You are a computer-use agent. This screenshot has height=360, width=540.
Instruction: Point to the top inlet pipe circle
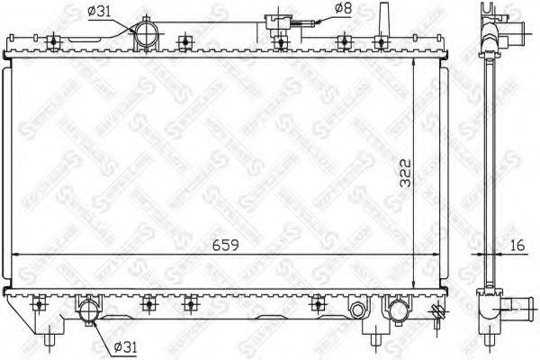pos(147,38)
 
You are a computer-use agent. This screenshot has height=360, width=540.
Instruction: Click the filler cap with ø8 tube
pos(277,26)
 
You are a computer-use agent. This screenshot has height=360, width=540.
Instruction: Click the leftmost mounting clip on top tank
pos(55,40)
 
